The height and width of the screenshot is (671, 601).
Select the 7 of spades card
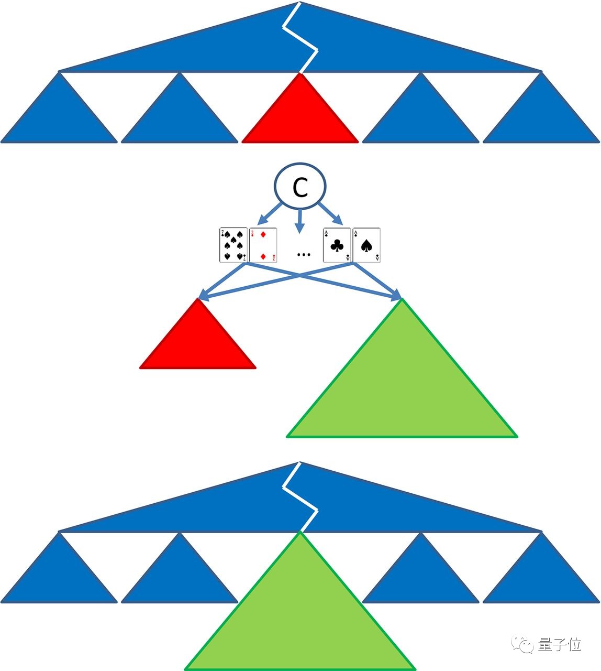(x=233, y=245)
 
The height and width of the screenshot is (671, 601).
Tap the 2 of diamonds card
(x=263, y=245)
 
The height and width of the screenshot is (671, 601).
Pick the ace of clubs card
(x=337, y=245)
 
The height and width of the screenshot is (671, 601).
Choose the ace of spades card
(x=366, y=245)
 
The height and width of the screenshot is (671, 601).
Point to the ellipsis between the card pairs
(x=304, y=255)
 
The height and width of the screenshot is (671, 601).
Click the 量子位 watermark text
(x=560, y=644)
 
